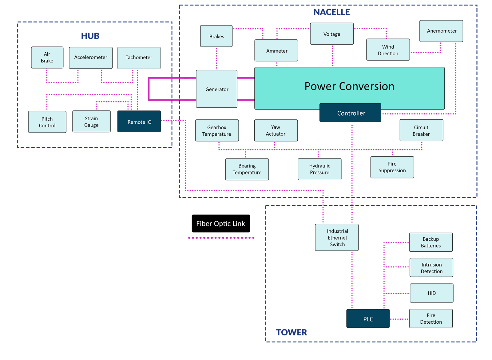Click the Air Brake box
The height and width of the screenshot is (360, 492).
(47, 58)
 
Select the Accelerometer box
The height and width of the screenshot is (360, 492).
(90, 58)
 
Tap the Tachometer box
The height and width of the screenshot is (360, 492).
(139, 58)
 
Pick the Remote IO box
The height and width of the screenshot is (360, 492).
(139, 122)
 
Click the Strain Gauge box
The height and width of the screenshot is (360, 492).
(91, 122)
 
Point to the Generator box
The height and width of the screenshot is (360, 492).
(217, 89)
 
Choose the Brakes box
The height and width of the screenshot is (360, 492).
(216, 36)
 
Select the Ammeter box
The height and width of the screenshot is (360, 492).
(276, 51)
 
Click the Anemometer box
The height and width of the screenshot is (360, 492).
(441, 31)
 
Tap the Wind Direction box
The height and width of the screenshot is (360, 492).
(388, 50)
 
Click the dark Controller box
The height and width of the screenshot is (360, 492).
(351, 113)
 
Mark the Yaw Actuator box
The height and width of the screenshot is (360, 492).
(276, 130)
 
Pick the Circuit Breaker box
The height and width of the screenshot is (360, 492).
(421, 130)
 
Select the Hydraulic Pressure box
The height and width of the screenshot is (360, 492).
(319, 169)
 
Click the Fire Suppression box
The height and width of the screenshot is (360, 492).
(392, 167)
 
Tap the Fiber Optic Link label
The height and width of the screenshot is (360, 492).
(220, 224)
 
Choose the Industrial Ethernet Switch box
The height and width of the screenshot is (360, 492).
(337, 238)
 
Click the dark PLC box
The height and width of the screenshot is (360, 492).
(368, 319)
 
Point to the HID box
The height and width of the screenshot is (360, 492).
(431, 293)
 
